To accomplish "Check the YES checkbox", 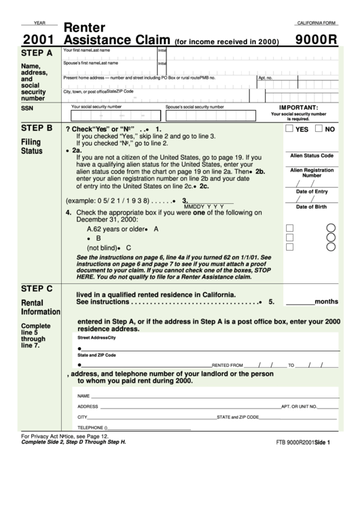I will coord(290,128).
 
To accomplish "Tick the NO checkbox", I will coord(321,128).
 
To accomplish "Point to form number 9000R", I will coord(317,39).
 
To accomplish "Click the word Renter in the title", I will coord(84,27).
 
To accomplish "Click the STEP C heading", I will coord(37,288).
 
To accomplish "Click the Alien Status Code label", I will coord(311,156).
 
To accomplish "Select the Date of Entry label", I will coord(311,192).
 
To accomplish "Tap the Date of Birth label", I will coord(311,207).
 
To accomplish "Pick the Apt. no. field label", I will coord(266,78).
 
